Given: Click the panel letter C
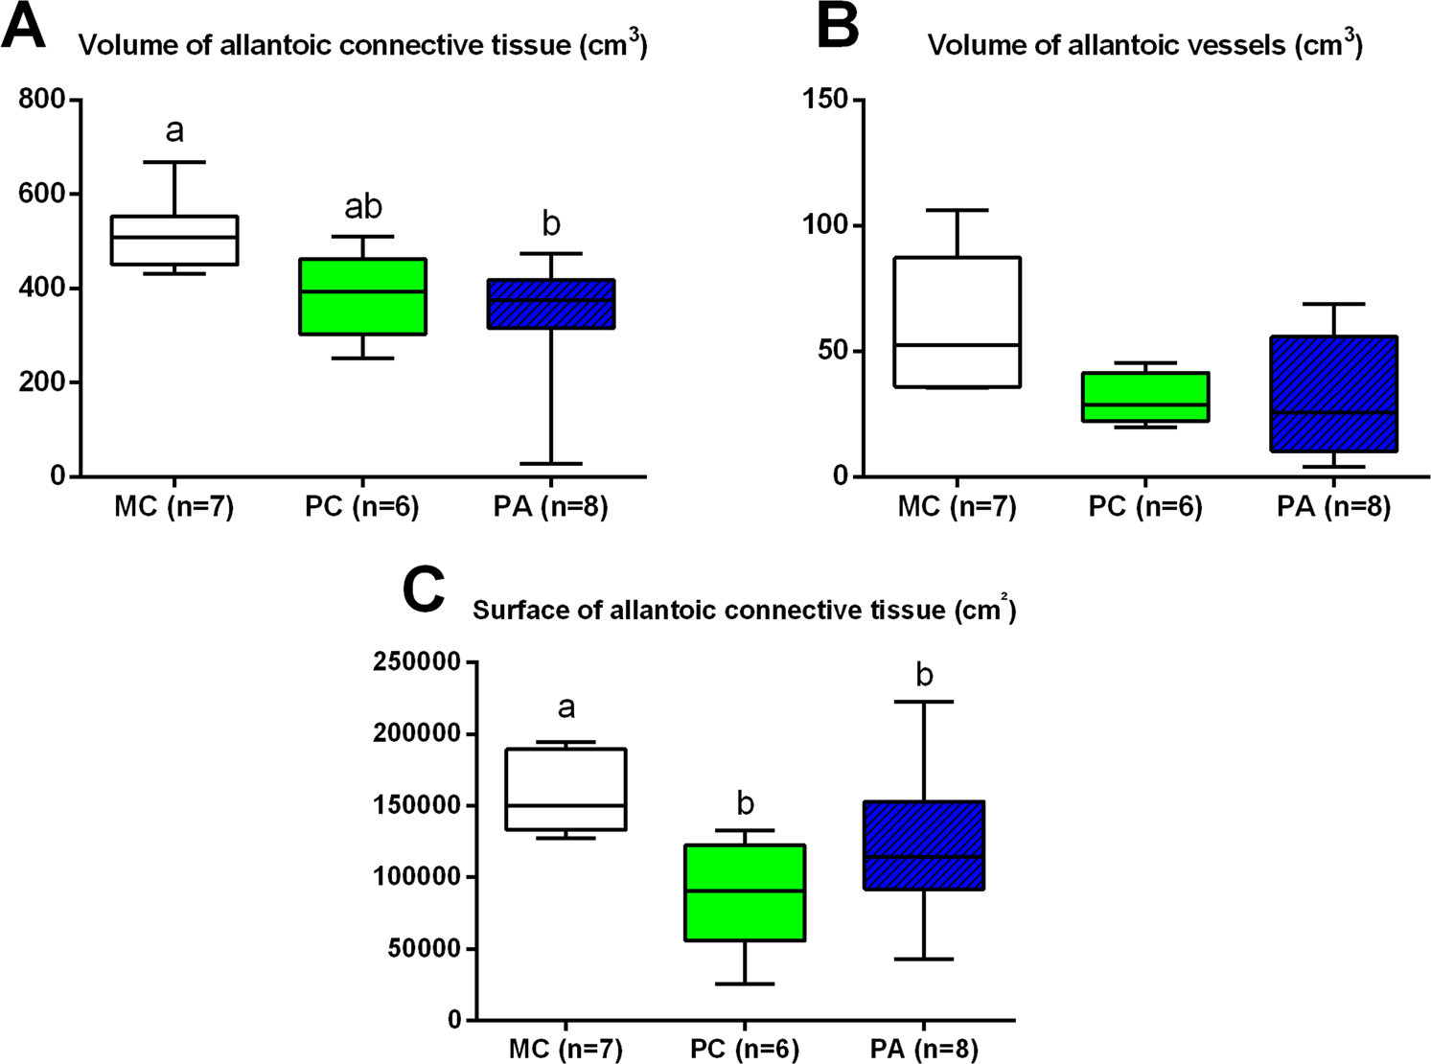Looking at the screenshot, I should pyautogui.click(x=424, y=590).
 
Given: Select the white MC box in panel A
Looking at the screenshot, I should pyautogui.click(x=174, y=241).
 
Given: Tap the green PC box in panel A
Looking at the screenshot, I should pyautogui.click(x=362, y=296).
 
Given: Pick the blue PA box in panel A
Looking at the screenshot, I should pyautogui.click(x=551, y=304).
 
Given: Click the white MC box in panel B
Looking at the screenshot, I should pyautogui.click(x=957, y=322).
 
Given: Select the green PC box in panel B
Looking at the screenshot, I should pyautogui.click(x=1144, y=397).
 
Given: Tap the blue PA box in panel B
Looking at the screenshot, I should pyautogui.click(x=1333, y=394).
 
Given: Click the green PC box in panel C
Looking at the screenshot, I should pyautogui.click(x=745, y=892).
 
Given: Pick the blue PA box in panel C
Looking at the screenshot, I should pyautogui.click(x=924, y=845).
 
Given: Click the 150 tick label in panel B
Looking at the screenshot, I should pyautogui.click(x=826, y=100).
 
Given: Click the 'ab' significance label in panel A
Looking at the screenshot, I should pyautogui.click(x=363, y=206).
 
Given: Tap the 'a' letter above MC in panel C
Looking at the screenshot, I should pyautogui.click(x=566, y=708).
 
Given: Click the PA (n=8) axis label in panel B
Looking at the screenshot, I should pyautogui.click(x=1333, y=506).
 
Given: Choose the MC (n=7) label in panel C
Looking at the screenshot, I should pyautogui.click(x=565, y=1049).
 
